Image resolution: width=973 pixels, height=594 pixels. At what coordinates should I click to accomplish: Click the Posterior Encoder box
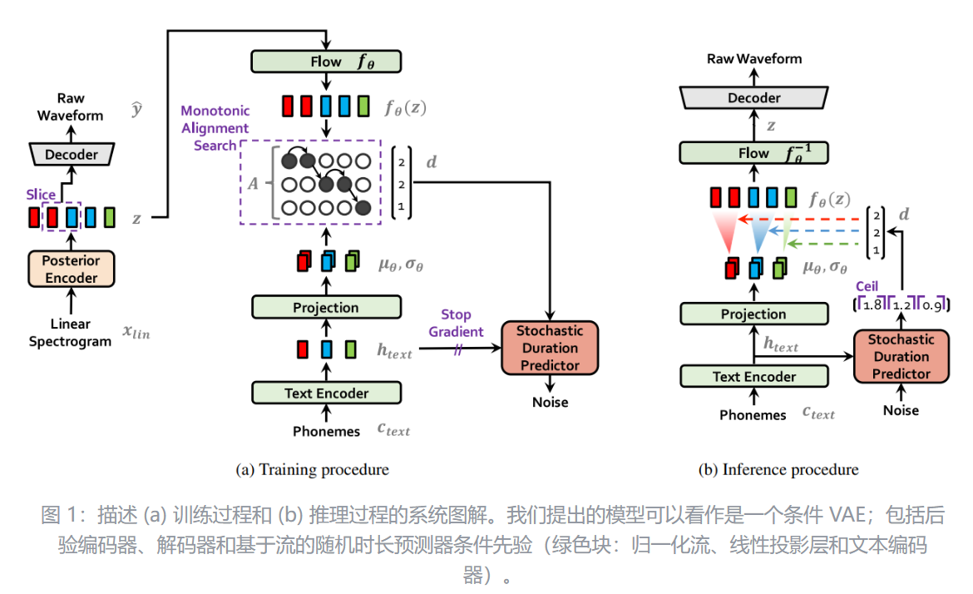[71, 269]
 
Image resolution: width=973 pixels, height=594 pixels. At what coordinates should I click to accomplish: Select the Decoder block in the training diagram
[71, 154]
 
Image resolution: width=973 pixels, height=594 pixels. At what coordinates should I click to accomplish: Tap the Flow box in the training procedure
[326, 61]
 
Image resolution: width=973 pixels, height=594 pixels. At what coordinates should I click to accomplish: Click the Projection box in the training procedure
[326, 307]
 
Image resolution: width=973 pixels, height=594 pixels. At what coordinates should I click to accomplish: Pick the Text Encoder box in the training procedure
[326, 393]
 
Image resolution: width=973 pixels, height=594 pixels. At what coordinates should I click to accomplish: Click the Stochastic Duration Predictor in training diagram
[549, 348]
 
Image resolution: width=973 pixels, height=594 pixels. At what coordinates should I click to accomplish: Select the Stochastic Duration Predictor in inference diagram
[901, 356]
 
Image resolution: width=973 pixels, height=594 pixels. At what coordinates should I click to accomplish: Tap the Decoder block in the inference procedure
[754, 97]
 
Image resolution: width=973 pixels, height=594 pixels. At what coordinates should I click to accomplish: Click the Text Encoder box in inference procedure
[754, 376]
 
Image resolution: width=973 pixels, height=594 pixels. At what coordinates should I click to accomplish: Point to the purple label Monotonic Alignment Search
[215, 128]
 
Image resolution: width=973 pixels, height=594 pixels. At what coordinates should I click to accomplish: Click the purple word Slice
[40, 194]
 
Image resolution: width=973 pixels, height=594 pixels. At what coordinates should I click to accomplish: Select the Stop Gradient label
[456, 323]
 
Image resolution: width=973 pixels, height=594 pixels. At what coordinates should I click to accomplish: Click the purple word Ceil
[867, 286]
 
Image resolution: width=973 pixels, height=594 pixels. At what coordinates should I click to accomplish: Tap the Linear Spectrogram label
[70, 333]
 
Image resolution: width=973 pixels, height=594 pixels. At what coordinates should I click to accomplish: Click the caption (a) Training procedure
[312, 469]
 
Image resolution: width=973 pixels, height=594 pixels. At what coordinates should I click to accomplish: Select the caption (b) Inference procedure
[778, 469]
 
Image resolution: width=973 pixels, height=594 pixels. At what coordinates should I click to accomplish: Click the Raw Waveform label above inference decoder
[754, 58]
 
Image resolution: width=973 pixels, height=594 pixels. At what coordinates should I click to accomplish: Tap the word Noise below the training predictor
[550, 402]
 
